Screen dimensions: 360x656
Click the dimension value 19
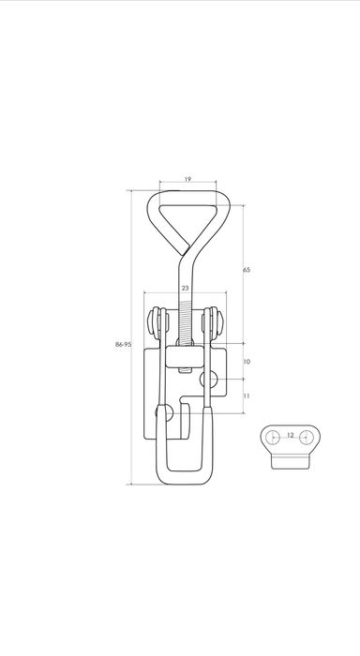click(187, 180)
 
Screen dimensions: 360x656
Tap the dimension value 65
click(247, 270)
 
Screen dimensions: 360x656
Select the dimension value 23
click(186, 288)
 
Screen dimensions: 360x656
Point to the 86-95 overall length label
click(124, 344)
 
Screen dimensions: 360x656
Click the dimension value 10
click(247, 362)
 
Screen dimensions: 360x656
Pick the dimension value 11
click(247, 395)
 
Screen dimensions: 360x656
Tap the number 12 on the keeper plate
click(291, 435)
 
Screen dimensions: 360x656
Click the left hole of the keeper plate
click(273, 438)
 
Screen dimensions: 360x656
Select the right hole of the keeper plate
click(307, 438)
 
